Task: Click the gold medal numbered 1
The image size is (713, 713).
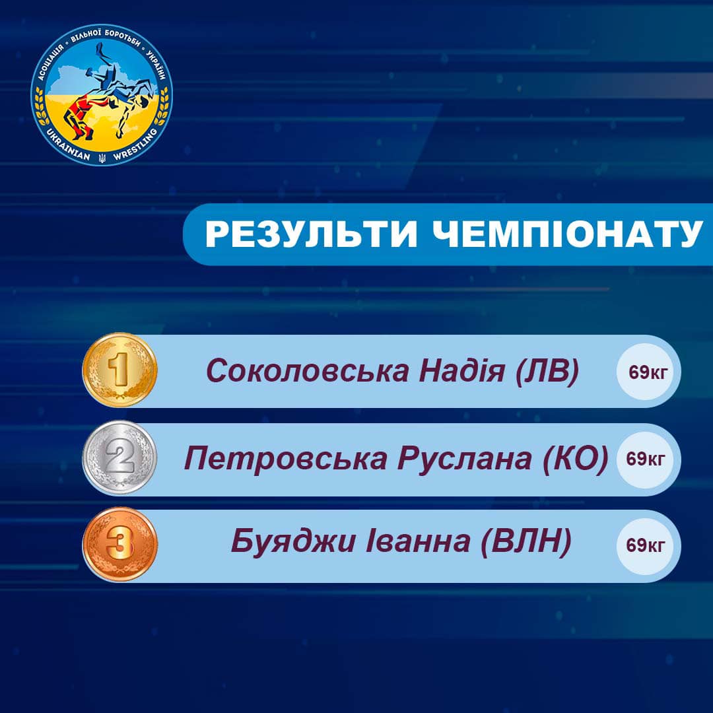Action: coord(119,370)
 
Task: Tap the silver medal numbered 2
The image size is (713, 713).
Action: coord(119,458)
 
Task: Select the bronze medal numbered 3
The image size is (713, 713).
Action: coord(119,544)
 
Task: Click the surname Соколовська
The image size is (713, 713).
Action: coord(308,370)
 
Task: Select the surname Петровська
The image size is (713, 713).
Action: coord(286,459)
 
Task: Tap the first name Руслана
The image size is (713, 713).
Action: coord(465,458)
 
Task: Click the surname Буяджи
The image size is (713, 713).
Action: coord(293,541)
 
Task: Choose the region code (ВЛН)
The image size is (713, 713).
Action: coord(526,542)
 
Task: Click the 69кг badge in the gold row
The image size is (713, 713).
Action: coord(648,372)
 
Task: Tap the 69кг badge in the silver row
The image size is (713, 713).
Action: coord(645,459)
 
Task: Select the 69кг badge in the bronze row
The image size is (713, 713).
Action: coord(645,545)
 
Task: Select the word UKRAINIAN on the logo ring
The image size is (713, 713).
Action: coord(68,145)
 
